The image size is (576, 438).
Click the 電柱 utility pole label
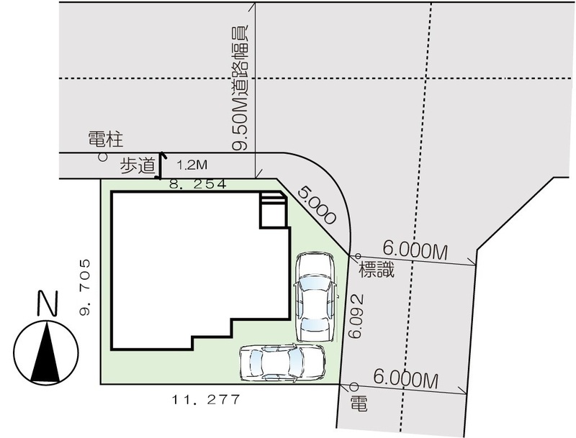(105, 140)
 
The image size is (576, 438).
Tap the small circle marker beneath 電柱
(103, 157)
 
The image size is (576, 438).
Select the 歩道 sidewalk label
(138, 166)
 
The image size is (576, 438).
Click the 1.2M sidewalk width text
(192, 165)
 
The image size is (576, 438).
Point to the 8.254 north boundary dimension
(197, 184)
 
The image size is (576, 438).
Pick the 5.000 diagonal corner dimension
(317, 206)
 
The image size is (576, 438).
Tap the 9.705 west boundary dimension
(85, 287)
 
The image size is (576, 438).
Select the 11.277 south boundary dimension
(206, 399)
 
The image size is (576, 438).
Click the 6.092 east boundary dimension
(357, 316)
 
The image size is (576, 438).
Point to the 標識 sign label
(377, 270)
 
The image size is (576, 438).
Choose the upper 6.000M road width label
(415, 250)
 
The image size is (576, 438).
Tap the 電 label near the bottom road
(359, 403)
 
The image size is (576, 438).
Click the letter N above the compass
(48, 303)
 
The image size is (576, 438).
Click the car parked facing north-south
(315, 297)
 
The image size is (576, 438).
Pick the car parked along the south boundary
(282, 362)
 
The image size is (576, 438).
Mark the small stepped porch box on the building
(273, 210)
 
